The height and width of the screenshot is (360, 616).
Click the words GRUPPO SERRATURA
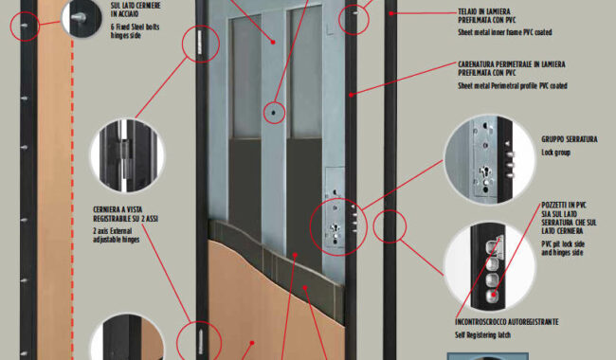click(570, 139)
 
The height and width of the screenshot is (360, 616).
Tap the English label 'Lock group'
click(555, 153)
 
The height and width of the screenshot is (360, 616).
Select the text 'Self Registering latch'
click(482, 334)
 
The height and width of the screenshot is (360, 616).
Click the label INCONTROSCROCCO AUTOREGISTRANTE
click(507, 322)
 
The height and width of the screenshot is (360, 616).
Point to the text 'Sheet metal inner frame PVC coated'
click(505, 32)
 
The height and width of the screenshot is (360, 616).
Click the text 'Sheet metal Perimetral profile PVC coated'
click(513, 85)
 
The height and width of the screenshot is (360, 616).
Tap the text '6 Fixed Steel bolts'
click(135, 27)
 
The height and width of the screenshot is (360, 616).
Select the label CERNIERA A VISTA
click(118, 209)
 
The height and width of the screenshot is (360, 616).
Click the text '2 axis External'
click(113, 231)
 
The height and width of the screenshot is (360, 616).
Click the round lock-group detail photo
click(490, 159)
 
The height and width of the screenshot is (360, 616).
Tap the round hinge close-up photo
click(127, 156)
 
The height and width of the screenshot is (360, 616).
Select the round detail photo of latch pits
click(490, 266)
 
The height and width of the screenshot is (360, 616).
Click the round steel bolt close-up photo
click(82, 18)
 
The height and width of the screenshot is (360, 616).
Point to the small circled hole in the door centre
click(274, 113)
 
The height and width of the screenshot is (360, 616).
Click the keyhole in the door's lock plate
click(335, 227)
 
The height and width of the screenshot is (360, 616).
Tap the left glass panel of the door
click(245, 77)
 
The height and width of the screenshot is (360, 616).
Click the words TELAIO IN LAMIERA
click(484, 11)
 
